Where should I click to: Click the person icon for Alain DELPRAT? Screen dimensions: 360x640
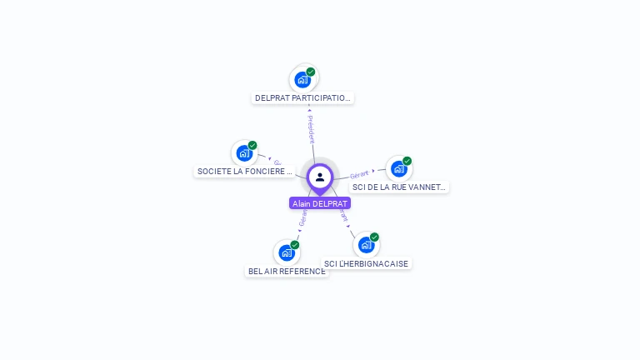click(320, 177)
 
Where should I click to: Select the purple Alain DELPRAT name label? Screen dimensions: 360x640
click(320, 203)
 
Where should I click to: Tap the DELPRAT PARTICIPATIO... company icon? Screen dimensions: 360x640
click(302, 80)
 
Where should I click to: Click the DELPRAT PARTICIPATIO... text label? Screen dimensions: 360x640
click(302, 98)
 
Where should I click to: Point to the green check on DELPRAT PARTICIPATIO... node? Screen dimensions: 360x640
click(311, 72)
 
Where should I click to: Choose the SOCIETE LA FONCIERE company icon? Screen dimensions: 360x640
click(244, 153)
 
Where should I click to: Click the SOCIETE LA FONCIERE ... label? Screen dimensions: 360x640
click(245, 172)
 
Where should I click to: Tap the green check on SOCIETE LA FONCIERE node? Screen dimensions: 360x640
click(252, 146)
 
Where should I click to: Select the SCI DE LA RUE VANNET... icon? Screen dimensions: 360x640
click(399, 169)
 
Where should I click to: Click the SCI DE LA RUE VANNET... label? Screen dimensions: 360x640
click(399, 187)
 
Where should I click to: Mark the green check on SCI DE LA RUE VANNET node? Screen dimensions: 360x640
click(407, 161)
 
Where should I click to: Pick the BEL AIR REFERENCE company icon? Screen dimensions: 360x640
click(287, 252)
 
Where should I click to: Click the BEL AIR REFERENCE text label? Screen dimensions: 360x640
click(287, 272)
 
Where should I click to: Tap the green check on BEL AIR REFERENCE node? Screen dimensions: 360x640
click(295, 245)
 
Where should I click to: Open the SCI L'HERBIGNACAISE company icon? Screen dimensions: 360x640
click(366, 245)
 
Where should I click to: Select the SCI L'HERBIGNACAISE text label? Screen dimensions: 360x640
click(367, 264)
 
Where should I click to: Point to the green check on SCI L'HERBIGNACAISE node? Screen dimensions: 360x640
click(375, 237)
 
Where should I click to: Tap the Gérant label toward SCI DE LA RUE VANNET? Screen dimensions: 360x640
click(359, 174)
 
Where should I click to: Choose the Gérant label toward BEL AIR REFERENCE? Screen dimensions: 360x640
click(302, 218)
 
